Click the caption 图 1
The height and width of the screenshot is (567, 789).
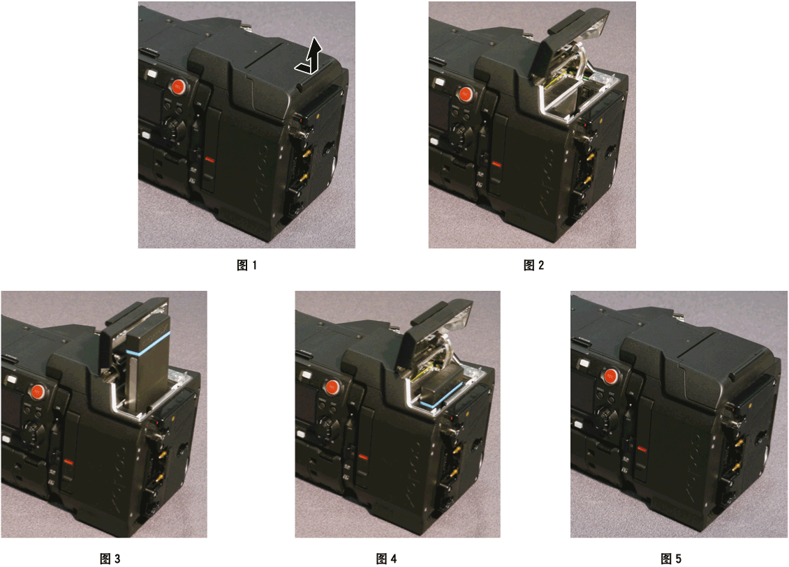(247, 265)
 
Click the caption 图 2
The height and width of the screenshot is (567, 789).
(533, 265)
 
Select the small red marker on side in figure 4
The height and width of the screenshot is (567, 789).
(362, 456)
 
